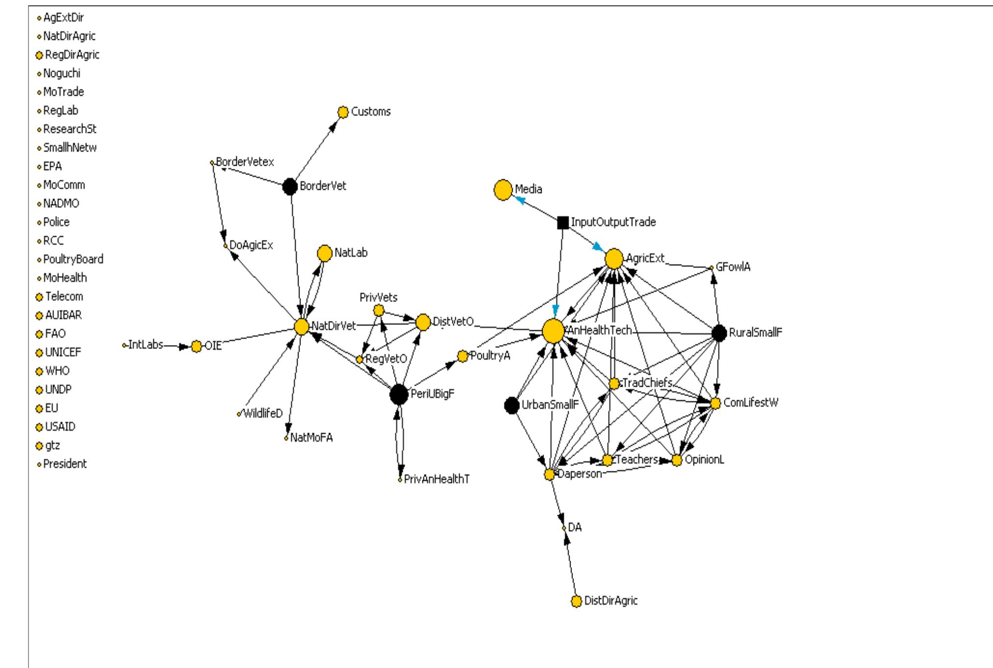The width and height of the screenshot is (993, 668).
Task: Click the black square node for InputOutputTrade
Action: (x=563, y=223)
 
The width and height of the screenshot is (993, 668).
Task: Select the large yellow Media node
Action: (x=503, y=190)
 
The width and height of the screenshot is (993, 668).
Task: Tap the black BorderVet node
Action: (x=290, y=186)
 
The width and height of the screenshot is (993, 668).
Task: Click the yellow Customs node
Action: (x=343, y=112)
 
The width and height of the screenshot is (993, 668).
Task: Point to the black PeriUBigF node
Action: (x=399, y=395)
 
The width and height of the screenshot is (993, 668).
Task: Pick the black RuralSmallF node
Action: (x=719, y=333)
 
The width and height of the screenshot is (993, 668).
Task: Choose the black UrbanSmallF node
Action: (x=512, y=405)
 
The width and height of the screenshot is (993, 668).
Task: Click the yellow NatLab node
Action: (x=324, y=253)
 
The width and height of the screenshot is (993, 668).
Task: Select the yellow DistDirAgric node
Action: (x=576, y=601)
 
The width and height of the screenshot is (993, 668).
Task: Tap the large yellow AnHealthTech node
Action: (x=553, y=331)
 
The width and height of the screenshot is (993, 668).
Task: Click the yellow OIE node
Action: (x=196, y=346)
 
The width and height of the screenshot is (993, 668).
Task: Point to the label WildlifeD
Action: (x=263, y=414)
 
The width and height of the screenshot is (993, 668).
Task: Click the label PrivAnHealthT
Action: (x=437, y=479)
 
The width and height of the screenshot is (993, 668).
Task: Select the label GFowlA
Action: (x=733, y=267)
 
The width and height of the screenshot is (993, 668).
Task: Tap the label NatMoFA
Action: (x=311, y=438)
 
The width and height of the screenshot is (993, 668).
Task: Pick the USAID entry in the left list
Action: (x=60, y=427)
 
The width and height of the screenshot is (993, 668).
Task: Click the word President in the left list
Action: (x=65, y=464)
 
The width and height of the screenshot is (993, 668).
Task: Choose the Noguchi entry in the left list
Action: (x=61, y=74)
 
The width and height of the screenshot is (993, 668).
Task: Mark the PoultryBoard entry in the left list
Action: (x=73, y=259)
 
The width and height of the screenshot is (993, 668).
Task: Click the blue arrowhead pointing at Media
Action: (x=519, y=199)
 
